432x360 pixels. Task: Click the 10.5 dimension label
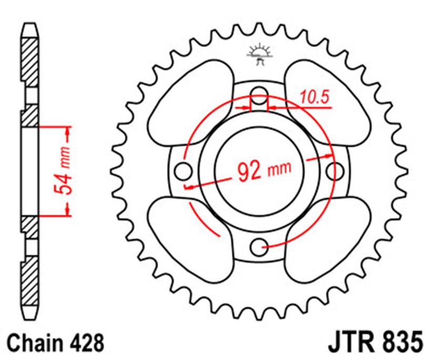(x=315, y=98)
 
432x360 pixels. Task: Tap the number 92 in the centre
(x=249, y=172)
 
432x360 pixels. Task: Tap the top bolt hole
(x=259, y=96)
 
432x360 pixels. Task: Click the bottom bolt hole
(x=259, y=246)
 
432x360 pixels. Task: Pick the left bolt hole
(x=183, y=171)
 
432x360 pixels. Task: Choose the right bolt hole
(x=335, y=171)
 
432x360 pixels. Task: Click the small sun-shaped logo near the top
(x=259, y=54)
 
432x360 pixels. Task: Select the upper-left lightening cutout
(x=190, y=102)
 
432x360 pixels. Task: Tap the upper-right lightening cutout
(x=327, y=102)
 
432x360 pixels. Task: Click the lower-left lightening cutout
(x=190, y=240)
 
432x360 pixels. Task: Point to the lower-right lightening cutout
(x=327, y=240)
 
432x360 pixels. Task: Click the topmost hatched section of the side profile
(x=29, y=63)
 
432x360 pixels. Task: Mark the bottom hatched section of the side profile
(x=29, y=281)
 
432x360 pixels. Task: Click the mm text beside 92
(x=280, y=168)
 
